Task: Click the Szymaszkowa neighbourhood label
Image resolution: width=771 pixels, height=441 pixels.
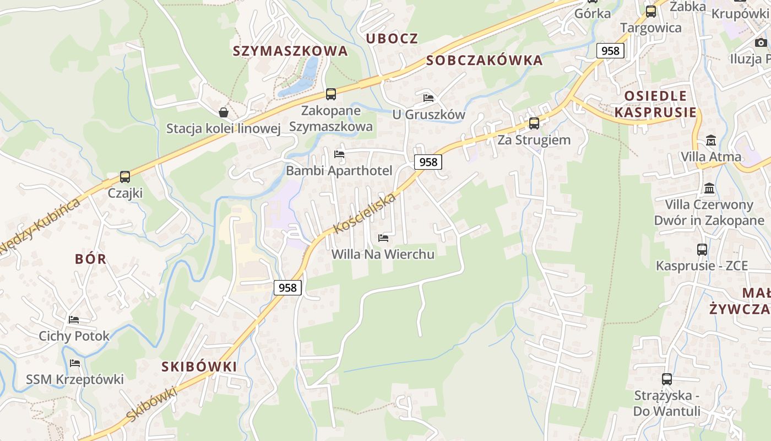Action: click(x=290, y=51)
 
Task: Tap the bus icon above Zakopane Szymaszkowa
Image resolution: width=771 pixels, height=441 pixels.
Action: click(x=331, y=94)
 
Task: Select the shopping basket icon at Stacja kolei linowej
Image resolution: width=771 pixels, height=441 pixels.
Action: click(x=224, y=113)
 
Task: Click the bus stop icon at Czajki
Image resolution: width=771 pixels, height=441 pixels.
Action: click(x=125, y=177)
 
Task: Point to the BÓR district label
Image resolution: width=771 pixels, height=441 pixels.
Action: click(x=91, y=259)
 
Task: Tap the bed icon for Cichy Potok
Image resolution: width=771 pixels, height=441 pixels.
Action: click(x=74, y=320)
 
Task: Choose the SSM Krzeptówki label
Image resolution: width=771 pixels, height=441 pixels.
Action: click(x=75, y=379)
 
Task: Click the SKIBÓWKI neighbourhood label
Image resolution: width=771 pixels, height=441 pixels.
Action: click(x=199, y=367)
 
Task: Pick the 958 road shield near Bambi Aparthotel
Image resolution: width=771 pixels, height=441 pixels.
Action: click(x=428, y=162)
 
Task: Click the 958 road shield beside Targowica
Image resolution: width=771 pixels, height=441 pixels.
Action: click(x=610, y=51)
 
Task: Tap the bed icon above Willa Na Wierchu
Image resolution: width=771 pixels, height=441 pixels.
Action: click(x=383, y=238)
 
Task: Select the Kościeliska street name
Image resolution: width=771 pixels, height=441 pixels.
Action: click(x=365, y=213)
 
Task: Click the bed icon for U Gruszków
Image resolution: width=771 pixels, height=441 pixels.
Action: click(x=428, y=99)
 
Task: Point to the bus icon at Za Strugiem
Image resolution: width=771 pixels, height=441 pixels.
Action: click(x=534, y=123)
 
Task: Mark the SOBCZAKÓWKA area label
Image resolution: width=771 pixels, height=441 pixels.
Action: click(x=485, y=61)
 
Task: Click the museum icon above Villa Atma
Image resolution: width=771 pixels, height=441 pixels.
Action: click(x=711, y=140)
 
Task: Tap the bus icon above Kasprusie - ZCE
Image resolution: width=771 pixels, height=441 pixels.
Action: click(x=702, y=250)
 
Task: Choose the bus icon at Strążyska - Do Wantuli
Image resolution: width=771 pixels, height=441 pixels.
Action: click(x=667, y=379)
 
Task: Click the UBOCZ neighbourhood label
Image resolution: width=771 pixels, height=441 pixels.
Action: click(x=392, y=39)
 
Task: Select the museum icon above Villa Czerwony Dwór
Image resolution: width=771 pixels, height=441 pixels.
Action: click(x=709, y=189)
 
